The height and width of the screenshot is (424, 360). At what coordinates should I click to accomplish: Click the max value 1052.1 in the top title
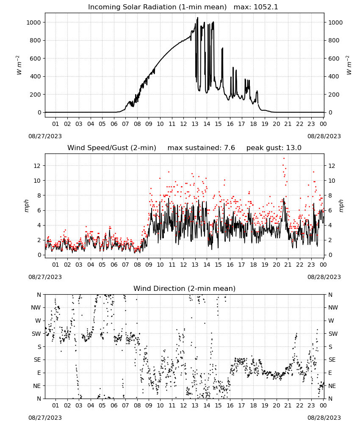[266, 7]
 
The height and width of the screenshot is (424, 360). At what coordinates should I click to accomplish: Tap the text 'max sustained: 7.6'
[201, 148]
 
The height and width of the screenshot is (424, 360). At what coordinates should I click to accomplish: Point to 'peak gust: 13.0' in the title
[274, 148]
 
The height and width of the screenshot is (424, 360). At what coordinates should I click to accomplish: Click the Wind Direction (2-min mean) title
[185, 288]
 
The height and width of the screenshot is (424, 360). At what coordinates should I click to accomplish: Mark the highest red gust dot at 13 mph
[284, 158]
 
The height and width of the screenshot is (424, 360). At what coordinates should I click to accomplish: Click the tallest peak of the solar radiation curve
[197, 18]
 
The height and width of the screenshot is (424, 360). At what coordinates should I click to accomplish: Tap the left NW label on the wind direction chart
[36, 307]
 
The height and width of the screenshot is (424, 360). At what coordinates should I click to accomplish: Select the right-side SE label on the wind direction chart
[332, 360]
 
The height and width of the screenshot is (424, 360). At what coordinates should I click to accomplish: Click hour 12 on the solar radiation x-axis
[183, 124]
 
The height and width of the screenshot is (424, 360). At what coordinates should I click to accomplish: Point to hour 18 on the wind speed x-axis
[253, 265]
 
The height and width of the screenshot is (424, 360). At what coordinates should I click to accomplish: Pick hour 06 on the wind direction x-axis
[114, 405]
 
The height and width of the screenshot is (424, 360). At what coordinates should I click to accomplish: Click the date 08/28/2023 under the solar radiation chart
[324, 136]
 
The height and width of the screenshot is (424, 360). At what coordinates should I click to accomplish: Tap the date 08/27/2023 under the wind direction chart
[45, 418]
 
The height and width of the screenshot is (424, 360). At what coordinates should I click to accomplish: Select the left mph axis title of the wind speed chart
[26, 206]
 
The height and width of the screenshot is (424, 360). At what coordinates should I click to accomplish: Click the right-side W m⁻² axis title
[349, 65]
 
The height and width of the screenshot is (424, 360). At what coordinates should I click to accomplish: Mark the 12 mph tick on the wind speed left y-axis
[37, 166]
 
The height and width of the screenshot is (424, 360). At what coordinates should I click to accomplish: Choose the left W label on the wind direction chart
[38, 321]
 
